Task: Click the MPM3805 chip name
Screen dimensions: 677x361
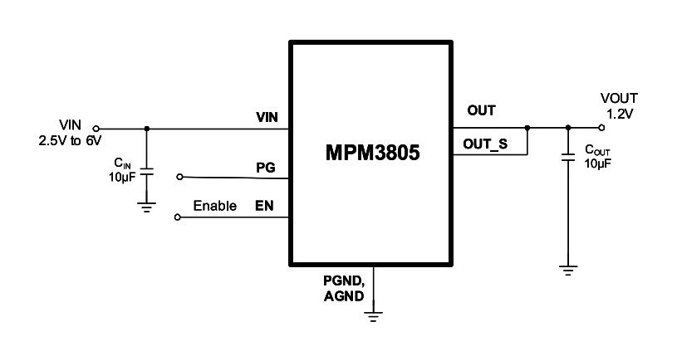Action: (x=372, y=152)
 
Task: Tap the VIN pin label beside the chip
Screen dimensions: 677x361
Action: (x=267, y=117)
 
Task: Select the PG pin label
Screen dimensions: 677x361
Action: (x=266, y=168)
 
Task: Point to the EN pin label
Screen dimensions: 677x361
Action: (x=264, y=206)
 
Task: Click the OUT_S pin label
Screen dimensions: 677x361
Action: (x=485, y=144)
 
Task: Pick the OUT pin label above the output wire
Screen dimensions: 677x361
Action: (x=482, y=110)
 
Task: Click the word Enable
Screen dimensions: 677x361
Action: (x=214, y=206)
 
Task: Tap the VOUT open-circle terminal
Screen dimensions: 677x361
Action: (x=601, y=128)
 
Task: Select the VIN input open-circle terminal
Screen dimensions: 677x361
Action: (x=96, y=129)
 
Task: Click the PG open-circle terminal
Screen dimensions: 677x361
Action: (x=179, y=177)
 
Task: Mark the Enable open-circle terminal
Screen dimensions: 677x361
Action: (x=177, y=217)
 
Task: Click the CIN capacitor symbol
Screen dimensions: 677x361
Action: (x=147, y=172)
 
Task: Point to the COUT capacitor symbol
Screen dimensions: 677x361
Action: (x=568, y=157)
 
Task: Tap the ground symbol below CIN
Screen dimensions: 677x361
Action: (x=147, y=207)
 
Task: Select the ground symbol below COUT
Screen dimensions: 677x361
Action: (x=568, y=271)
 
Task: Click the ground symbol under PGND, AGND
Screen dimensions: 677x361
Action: (x=373, y=316)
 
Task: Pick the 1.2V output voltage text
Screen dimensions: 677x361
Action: (x=620, y=115)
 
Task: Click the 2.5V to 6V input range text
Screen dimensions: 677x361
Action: (x=70, y=140)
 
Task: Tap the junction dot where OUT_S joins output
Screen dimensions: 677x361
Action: (x=527, y=128)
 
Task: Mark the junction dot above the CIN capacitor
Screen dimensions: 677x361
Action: (x=147, y=129)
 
